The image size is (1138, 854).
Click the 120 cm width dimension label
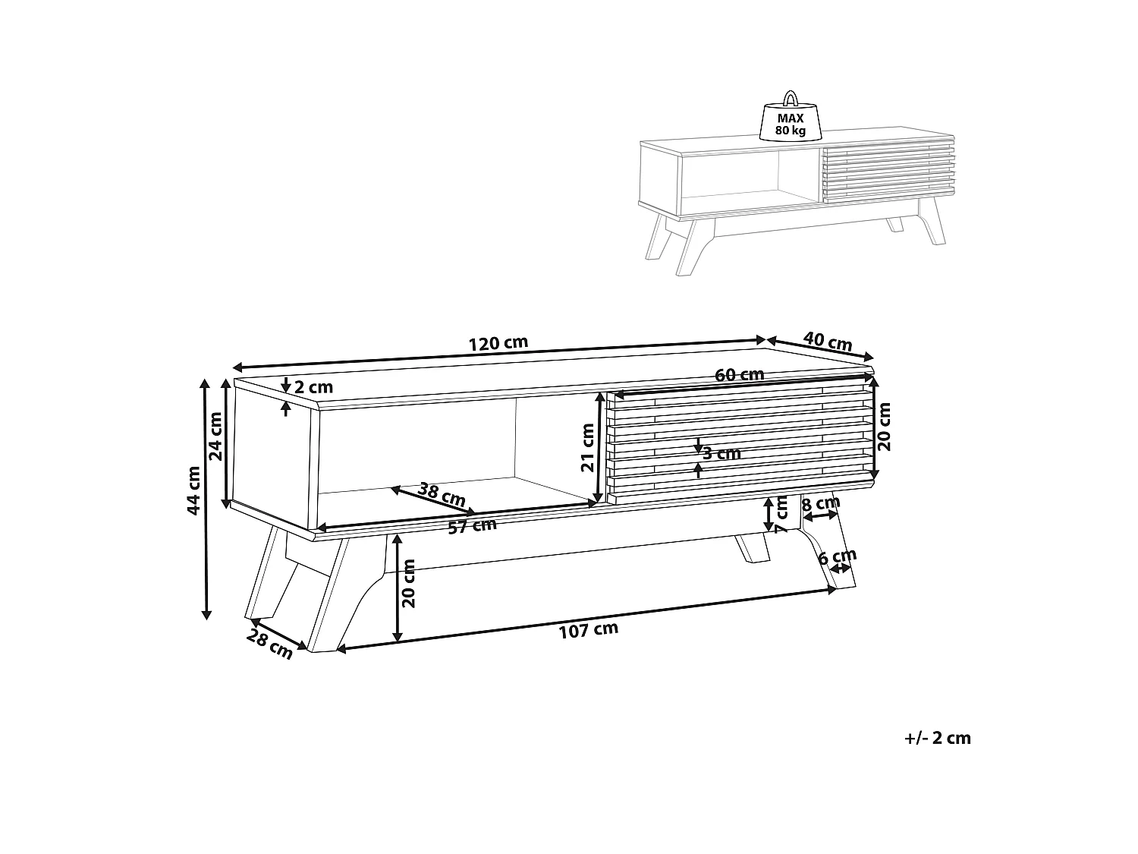498,343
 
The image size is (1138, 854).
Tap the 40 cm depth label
828,341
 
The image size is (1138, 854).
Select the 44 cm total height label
193,490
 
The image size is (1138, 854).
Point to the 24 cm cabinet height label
215,436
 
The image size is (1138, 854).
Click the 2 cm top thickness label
313,387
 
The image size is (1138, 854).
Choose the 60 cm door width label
739,373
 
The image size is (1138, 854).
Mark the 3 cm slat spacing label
721,454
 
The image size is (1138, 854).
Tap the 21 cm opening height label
587,447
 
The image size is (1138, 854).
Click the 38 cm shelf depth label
442,494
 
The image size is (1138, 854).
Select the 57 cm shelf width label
473,526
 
